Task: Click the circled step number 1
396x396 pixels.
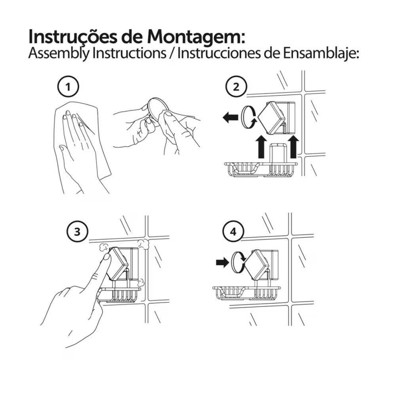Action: click(68, 87)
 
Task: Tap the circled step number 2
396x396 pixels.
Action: click(236, 87)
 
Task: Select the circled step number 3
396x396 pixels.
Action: click(77, 232)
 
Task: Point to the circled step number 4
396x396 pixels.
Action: click(233, 232)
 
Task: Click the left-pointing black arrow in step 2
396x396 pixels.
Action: click(230, 118)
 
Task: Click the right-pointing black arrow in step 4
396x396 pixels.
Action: click(222, 263)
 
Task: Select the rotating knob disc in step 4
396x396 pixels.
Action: click(237, 263)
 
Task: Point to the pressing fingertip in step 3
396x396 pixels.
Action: click(107, 258)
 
